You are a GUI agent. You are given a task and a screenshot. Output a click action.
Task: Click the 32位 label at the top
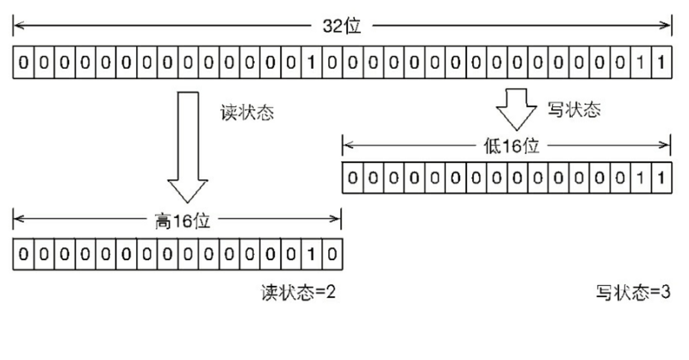tap(343, 25)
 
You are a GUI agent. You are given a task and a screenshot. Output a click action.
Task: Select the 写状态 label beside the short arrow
tap(574, 109)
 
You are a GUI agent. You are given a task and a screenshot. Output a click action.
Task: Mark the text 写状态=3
tap(633, 292)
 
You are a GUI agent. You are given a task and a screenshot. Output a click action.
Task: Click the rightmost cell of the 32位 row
tap(661, 64)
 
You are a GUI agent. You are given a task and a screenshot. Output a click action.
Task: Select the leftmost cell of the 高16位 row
tap(23, 254)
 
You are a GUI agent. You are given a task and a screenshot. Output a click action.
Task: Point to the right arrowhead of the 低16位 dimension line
tap(667, 146)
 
